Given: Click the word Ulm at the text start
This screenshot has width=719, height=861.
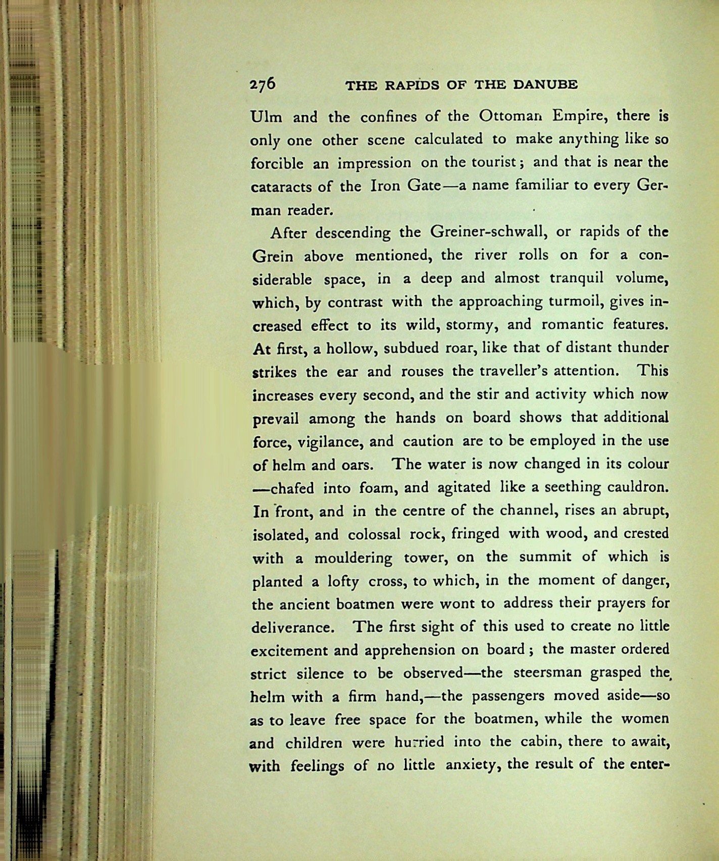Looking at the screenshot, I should [x=267, y=117].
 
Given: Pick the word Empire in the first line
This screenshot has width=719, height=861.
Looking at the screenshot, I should [x=573, y=116].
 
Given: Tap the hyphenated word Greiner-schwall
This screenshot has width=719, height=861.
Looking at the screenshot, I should [x=487, y=232].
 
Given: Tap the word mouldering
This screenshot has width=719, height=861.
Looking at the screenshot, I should [x=353, y=558].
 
